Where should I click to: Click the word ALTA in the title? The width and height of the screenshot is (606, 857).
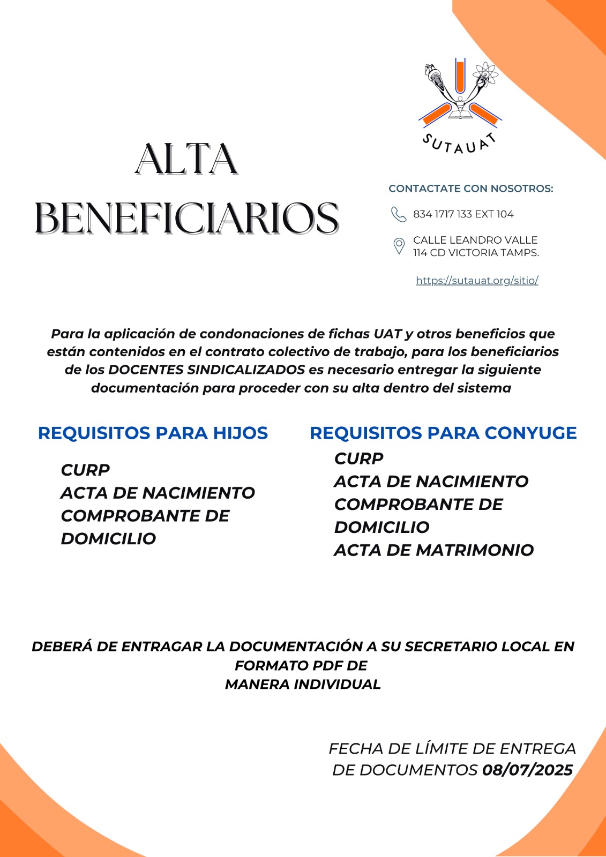coord(186,159)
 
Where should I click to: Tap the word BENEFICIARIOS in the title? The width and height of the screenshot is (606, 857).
coord(186,218)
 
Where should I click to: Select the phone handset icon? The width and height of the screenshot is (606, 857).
coord(398,214)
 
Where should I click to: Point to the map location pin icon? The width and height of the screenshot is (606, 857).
coord(399,246)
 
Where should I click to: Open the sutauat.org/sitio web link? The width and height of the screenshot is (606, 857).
coord(477,280)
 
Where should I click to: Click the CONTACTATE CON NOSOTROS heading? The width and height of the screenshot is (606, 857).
coord(470,189)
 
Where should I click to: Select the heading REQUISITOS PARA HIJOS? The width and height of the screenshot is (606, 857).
coord(153,433)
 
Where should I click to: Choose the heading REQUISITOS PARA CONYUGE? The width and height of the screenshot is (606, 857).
coord(443,433)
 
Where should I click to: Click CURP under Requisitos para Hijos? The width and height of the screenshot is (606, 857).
coord(85,470)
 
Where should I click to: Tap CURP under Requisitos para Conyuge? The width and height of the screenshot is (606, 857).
coord(358,458)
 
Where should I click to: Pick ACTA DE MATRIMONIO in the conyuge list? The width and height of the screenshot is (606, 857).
coord(433,550)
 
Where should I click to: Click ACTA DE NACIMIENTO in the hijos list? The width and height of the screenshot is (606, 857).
coord(158,493)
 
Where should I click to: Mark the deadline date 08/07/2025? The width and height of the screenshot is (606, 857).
coord(527,770)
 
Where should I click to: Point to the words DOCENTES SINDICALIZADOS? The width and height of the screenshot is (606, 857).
coord(206,370)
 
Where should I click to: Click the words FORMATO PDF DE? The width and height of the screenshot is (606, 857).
coord(301,665)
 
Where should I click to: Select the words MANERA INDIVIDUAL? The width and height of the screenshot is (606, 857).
coord(303,684)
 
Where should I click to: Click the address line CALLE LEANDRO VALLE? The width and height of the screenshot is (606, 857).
coord(475,240)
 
